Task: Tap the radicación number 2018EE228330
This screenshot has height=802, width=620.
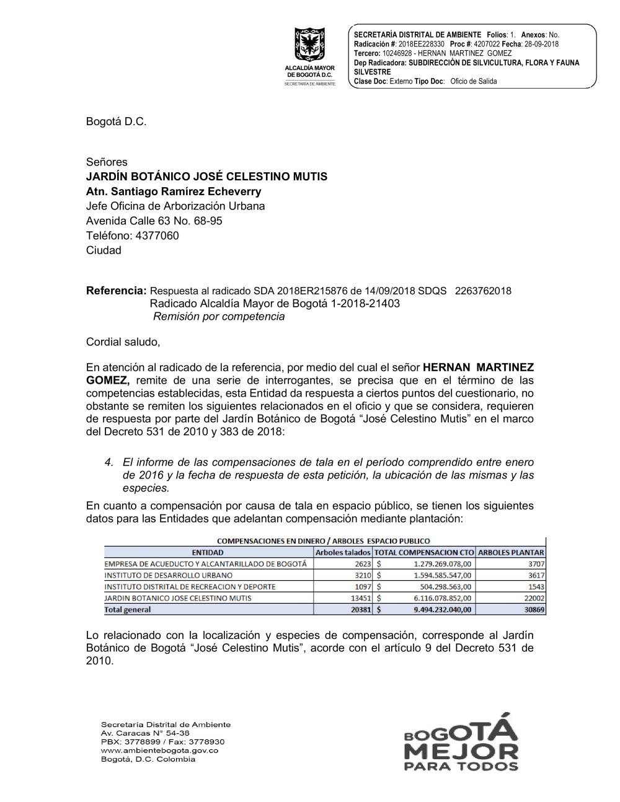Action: tap(421, 44)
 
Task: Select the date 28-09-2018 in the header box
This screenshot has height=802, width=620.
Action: tap(541, 44)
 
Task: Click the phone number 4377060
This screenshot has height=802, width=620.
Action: tap(157, 236)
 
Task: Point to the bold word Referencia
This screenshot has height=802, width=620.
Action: tap(116, 291)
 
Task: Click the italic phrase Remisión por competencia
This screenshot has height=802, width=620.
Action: tap(219, 317)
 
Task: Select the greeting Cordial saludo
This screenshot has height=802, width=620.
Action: tap(123, 342)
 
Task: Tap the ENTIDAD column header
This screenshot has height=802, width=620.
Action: tap(208, 552)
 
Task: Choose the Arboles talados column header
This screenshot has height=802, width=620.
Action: tap(343, 552)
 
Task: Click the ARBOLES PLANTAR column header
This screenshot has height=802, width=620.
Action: tap(511, 552)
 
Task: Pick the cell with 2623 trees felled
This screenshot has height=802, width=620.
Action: tap(363, 564)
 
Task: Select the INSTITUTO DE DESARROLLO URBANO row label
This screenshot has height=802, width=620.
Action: tap(169, 575)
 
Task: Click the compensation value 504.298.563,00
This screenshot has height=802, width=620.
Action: tap(445, 587)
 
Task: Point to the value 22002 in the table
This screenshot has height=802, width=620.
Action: tap(534, 598)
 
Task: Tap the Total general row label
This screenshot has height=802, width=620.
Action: tap(128, 610)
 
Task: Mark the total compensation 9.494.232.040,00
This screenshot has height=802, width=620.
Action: tap(442, 610)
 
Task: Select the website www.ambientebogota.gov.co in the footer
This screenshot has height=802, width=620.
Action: tap(159, 751)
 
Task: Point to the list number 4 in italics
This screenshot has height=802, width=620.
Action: tap(109, 462)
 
